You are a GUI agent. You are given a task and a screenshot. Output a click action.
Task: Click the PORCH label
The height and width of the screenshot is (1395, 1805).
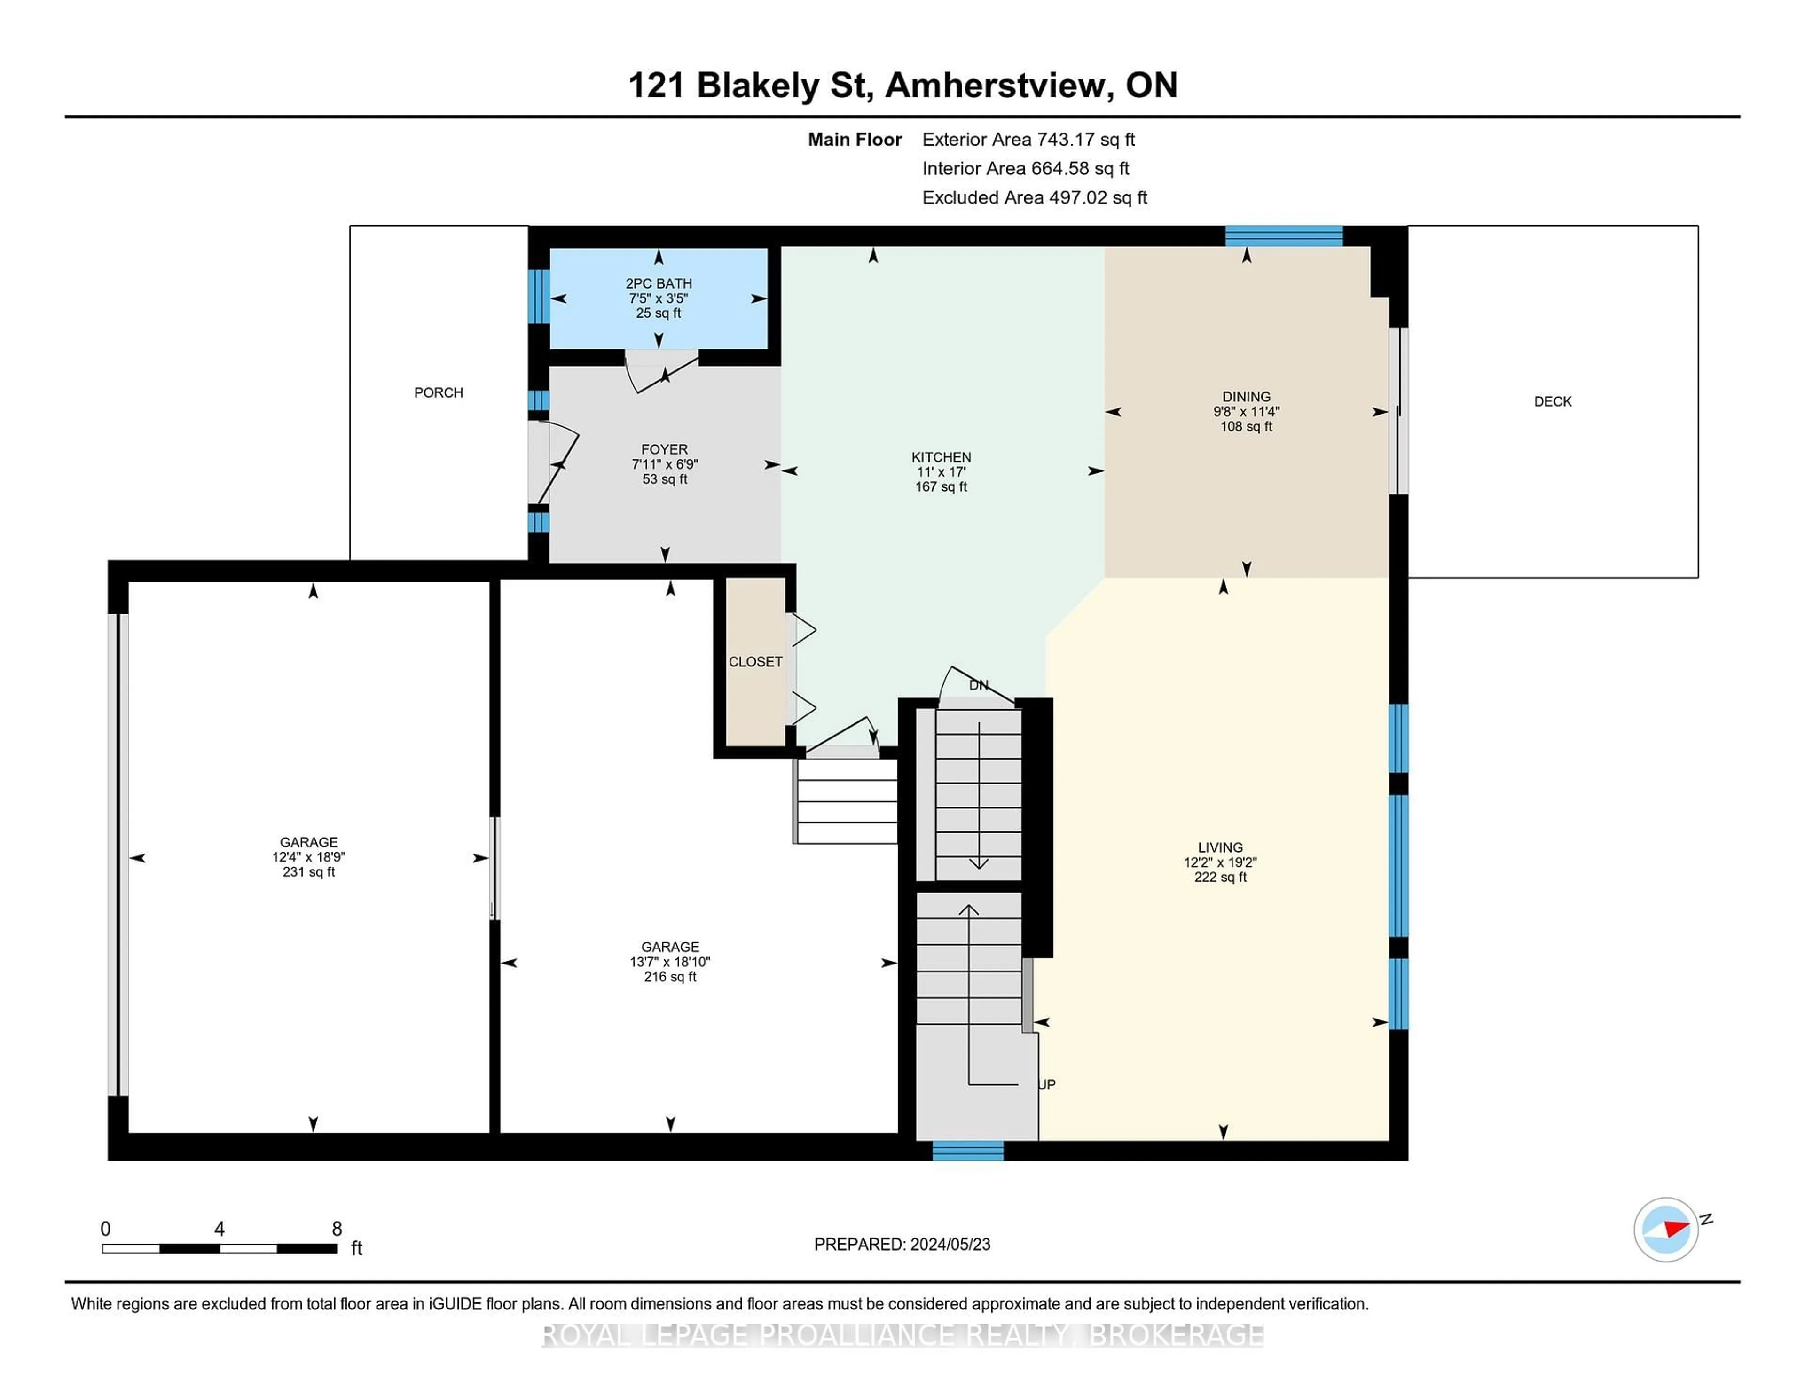click(438, 392)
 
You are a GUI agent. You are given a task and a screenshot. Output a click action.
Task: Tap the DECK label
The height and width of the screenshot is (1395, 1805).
click(1552, 402)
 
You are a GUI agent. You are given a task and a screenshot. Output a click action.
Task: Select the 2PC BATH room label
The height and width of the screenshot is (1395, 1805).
click(658, 283)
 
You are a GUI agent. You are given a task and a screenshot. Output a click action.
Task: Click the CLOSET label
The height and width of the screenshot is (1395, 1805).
click(754, 662)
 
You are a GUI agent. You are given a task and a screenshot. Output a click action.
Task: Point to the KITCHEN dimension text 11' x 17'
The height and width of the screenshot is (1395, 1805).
click(941, 472)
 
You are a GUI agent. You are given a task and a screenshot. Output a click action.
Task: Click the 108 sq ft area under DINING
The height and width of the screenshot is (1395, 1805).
click(1246, 426)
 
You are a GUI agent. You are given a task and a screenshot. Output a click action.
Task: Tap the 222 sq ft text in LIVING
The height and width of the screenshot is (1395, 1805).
click(1220, 877)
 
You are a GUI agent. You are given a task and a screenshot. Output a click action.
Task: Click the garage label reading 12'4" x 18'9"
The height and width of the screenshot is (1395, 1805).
click(308, 857)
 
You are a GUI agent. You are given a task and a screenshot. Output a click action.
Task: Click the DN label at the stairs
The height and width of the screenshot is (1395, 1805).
click(978, 685)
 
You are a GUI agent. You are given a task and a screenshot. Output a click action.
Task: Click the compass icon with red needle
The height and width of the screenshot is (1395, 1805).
click(1665, 1229)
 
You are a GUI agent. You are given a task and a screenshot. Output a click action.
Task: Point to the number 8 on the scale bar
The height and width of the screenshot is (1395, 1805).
click(337, 1229)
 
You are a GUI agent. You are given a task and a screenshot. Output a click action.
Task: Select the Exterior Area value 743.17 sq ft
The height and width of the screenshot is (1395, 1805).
click(1086, 140)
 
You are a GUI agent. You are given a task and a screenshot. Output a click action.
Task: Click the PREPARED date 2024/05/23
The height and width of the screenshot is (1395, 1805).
click(949, 1245)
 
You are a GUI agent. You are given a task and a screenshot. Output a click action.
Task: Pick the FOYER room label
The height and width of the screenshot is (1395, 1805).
click(664, 450)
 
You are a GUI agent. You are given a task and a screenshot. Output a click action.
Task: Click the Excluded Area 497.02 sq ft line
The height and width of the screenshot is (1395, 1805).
click(1034, 197)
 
